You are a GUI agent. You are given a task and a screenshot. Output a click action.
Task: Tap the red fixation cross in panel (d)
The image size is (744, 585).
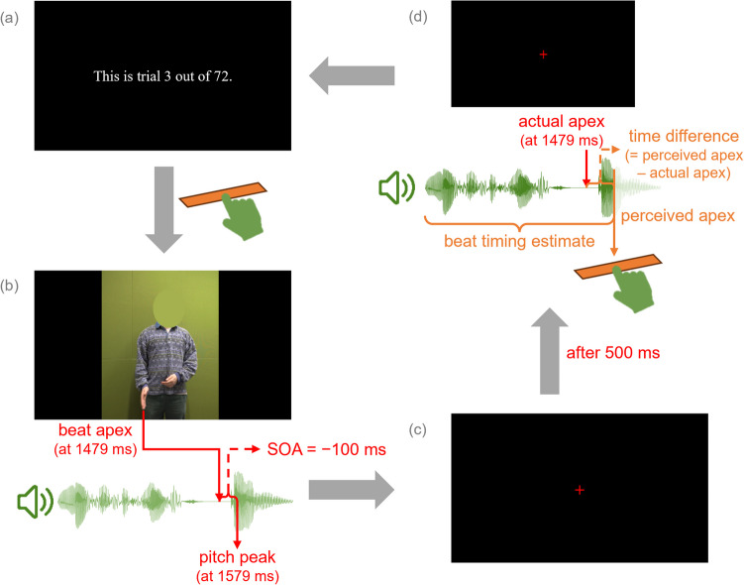pyautogui.click(x=543, y=54)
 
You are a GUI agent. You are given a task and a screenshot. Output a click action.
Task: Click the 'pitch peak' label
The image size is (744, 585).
pyautogui.click(x=237, y=558)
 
